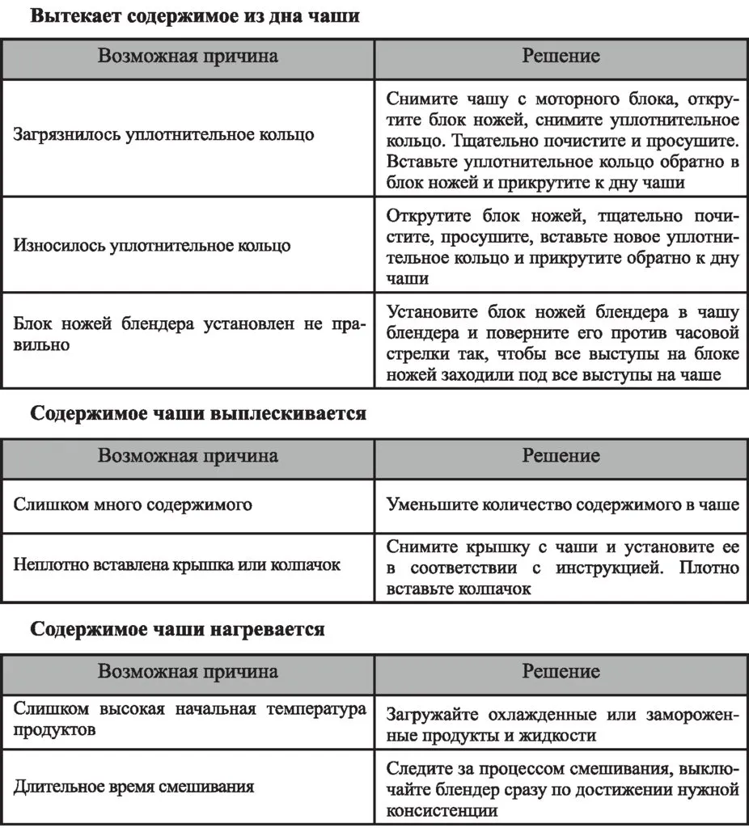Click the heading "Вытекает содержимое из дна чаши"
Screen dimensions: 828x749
tap(195, 16)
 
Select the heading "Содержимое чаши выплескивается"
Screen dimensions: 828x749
tap(198, 415)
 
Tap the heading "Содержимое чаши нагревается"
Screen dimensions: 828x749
tap(178, 629)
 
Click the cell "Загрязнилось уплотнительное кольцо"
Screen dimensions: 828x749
tap(163, 134)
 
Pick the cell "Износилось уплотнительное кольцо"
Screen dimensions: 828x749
tap(151, 246)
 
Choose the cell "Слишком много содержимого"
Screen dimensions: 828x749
tap(133, 505)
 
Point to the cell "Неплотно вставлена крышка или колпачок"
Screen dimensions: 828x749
tap(176, 564)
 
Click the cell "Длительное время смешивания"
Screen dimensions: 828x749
tap(133, 786)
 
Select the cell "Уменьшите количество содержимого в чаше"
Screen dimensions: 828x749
tap(562, 505)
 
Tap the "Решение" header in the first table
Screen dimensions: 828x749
tap(561, 57)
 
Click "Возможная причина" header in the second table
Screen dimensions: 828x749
tap(188, 456)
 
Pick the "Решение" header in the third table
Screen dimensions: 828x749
tap(561, 672)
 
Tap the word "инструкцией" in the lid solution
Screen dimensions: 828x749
tap(606, 567)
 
